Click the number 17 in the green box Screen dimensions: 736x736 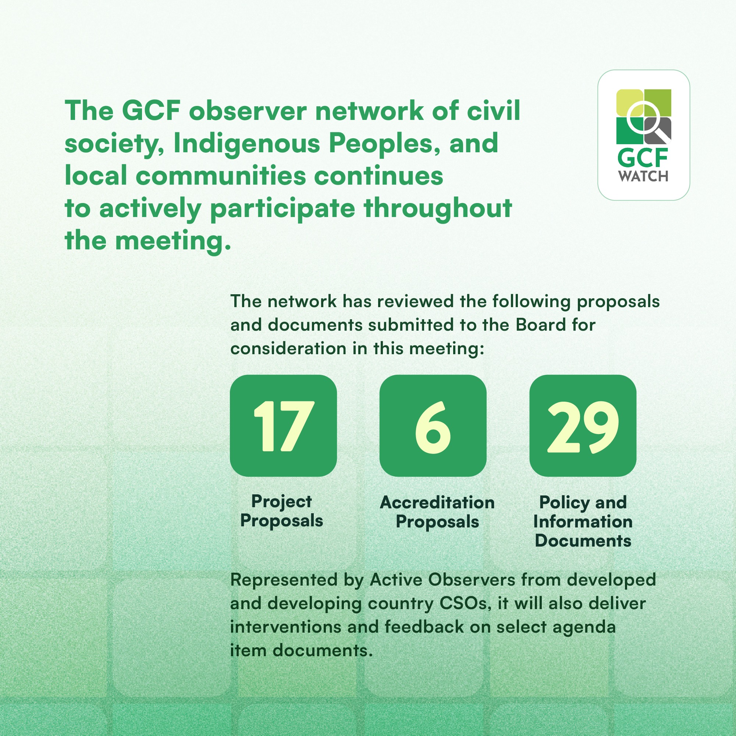coord(284,426)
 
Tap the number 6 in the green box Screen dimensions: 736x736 coord(433,427)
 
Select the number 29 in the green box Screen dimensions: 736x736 coord(583,427)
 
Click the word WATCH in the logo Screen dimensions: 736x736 coord(643,176)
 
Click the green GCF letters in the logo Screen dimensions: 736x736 coord(643,158)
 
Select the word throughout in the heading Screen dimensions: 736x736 coord(438,209)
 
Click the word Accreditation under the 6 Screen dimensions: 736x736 coord(437,502)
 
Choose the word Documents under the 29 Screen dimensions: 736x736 coord(583,541)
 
